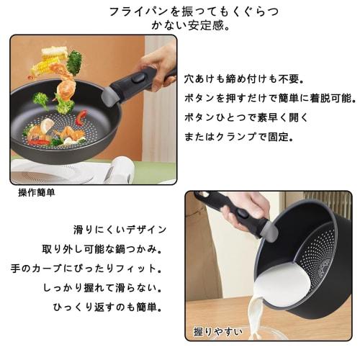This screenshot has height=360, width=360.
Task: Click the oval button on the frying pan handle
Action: (138, 78)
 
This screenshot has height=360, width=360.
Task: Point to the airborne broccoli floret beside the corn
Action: (74, 59)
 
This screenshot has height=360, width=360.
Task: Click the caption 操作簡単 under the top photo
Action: (37, 193)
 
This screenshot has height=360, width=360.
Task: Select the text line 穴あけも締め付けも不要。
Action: (234, 78)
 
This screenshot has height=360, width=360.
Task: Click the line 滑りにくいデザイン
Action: (120, 230)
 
